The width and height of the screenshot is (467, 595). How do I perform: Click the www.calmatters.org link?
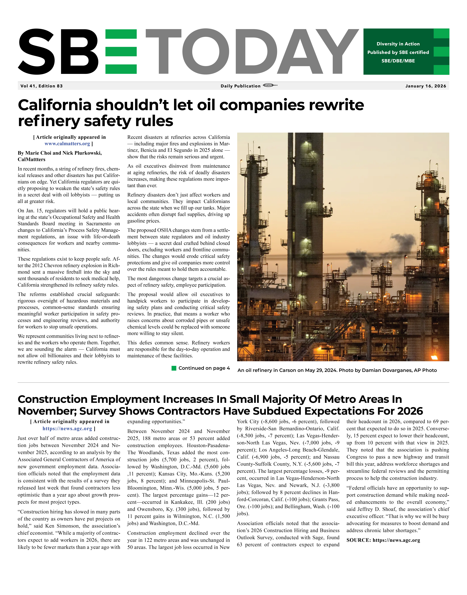click(67, 144)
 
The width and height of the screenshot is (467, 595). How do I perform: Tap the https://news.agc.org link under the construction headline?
click(67, 429)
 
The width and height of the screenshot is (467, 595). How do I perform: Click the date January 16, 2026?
click(425, 86)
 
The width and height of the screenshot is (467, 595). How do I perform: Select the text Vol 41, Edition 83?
click(42, 86)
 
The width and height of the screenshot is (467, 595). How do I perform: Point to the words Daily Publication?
click(241, 86)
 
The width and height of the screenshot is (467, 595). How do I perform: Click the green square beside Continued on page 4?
click(174, 368)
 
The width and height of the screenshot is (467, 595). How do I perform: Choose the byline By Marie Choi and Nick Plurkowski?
click(60, 153)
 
